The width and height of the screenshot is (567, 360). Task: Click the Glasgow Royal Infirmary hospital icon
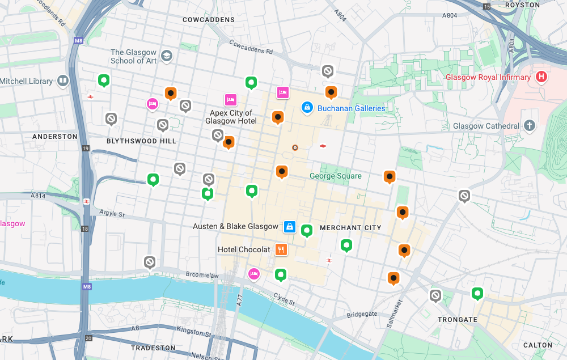pyautogui.click(x=541, y=77)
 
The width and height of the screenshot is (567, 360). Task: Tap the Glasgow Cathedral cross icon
pyautogui.click(x=530, y=125)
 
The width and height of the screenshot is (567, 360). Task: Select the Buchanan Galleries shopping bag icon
pyautogui.click(x=307, y=107)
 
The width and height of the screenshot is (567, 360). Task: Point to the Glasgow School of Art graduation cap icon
pyautogui.click(x=167, y=56)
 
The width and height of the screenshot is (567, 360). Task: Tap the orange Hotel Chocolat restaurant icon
pyautogui.click(x=281, y=249)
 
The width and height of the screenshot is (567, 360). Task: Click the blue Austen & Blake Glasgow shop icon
pyautogui.click(x=290, y=226)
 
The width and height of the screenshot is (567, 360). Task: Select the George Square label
pyautogui.click(x=335, y=176)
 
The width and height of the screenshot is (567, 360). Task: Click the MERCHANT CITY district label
pyautogui.click(x=350, y=228)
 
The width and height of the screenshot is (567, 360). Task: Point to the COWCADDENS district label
pyautogui.click(x=209, y=20)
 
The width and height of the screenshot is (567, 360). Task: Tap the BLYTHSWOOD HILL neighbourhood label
pyautogui.click(x=141, y=141)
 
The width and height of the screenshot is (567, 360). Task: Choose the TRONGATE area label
pyautogui.click(x=458, y=320)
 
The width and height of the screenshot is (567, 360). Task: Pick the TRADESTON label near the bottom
pyautogui.click(x=153, y=348)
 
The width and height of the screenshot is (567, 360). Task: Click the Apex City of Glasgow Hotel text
pyautogui.click(x=231, y=117)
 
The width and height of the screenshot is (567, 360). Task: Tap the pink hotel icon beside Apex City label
pyautogui.click(x=230, y=100)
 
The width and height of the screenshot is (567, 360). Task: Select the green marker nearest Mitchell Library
pyautogui.click(x=104, y=81)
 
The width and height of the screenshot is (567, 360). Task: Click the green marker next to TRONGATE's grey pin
pyautogui.click(x=477, y=293)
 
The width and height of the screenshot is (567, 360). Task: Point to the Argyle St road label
pyautogui.click(x=111, y=214)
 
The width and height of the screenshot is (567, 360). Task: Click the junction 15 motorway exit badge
pyautogui.click(x=486, y=6)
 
